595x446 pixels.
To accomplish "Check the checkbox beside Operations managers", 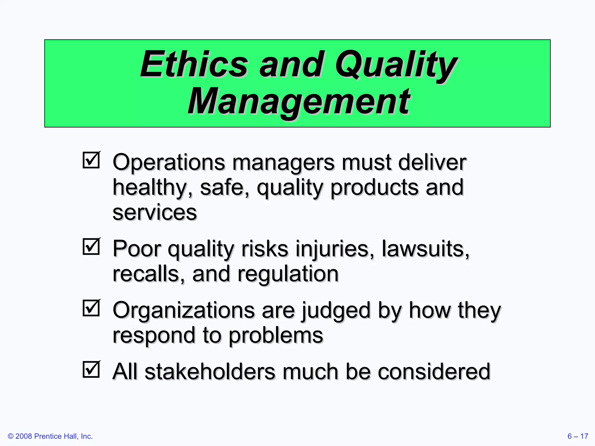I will point(91,160).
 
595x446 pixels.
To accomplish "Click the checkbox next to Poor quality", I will point(91,247).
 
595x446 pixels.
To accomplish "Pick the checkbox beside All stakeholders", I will point(91,369).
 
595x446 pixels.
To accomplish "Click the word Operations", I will point(169,163).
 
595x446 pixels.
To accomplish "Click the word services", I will point(155,213).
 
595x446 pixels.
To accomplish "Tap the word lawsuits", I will point(425,249).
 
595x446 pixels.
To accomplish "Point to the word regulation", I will point(288,274).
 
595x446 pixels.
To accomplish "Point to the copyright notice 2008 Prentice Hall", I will point(50,436).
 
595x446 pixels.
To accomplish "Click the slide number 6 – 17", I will point(578,436).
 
